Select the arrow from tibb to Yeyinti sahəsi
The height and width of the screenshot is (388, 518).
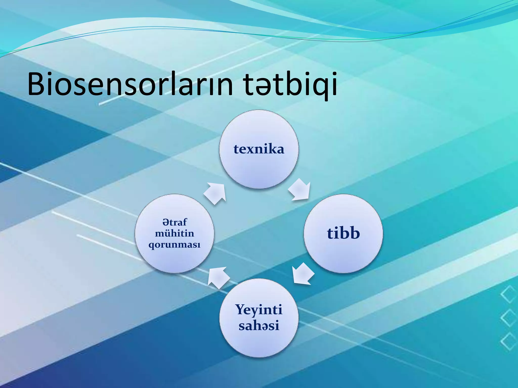[x=303, y=274]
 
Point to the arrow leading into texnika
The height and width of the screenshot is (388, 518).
[x=215, y=193]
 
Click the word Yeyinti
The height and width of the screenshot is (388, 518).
[x=259, y=310]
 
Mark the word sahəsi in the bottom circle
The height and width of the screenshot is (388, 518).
[x=259, y=326]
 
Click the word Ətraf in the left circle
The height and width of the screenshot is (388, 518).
[x=175, y=222]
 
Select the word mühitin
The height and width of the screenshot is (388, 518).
[x=175, y=233]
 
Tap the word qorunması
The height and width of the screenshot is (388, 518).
[x=175, y=245]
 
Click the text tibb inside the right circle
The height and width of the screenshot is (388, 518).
[x=343, y=233]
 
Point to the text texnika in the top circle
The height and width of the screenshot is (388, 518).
[x=259, y=149]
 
